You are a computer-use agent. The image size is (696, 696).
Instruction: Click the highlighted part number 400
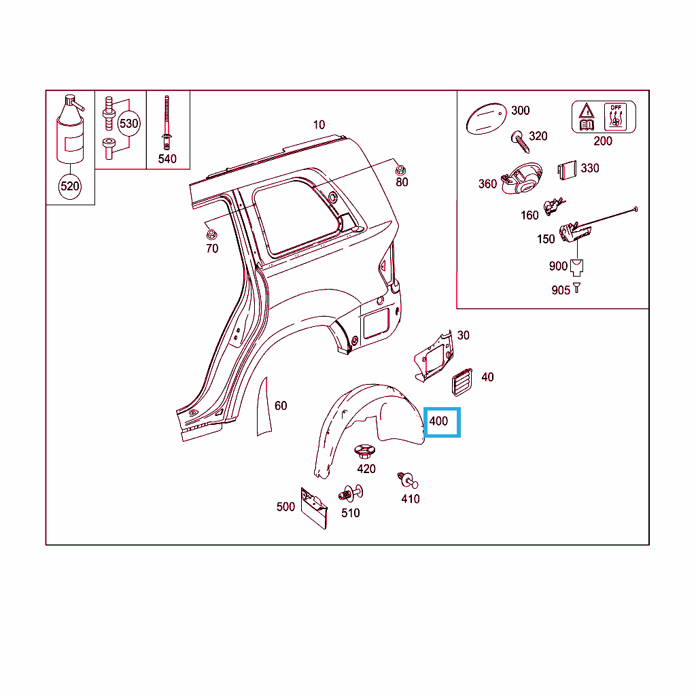click(438, 421)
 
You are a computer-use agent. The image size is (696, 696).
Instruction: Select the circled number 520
click(70, 186)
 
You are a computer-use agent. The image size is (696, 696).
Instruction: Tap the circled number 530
click(128, 124)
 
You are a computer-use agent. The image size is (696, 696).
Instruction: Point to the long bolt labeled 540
click(167, 122)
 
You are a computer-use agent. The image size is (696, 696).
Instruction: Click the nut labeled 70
click(211, 234)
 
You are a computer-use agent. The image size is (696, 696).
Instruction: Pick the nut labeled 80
click(400, 170)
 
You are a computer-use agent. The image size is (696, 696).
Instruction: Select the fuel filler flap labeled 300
click(486, 118)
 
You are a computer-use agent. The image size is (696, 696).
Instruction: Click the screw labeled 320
click(520, 141)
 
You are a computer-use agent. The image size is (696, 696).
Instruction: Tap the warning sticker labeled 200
click(604, 117)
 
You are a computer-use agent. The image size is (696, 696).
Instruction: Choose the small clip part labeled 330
click(568, 171)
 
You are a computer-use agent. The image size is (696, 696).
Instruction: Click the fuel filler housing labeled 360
click(522, 179)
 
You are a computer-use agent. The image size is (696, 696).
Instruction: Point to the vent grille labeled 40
click(462, 382)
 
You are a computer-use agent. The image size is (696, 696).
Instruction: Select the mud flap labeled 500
click(314, 508)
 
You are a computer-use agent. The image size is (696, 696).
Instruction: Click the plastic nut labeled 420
click(365, 452)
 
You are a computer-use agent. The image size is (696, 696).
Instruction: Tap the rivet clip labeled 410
click(408, 481)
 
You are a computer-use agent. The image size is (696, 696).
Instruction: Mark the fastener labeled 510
click(351, 493)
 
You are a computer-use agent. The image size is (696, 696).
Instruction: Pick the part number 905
click(561, 290)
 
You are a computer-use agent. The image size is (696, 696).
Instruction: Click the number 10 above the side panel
click(319, 125)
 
